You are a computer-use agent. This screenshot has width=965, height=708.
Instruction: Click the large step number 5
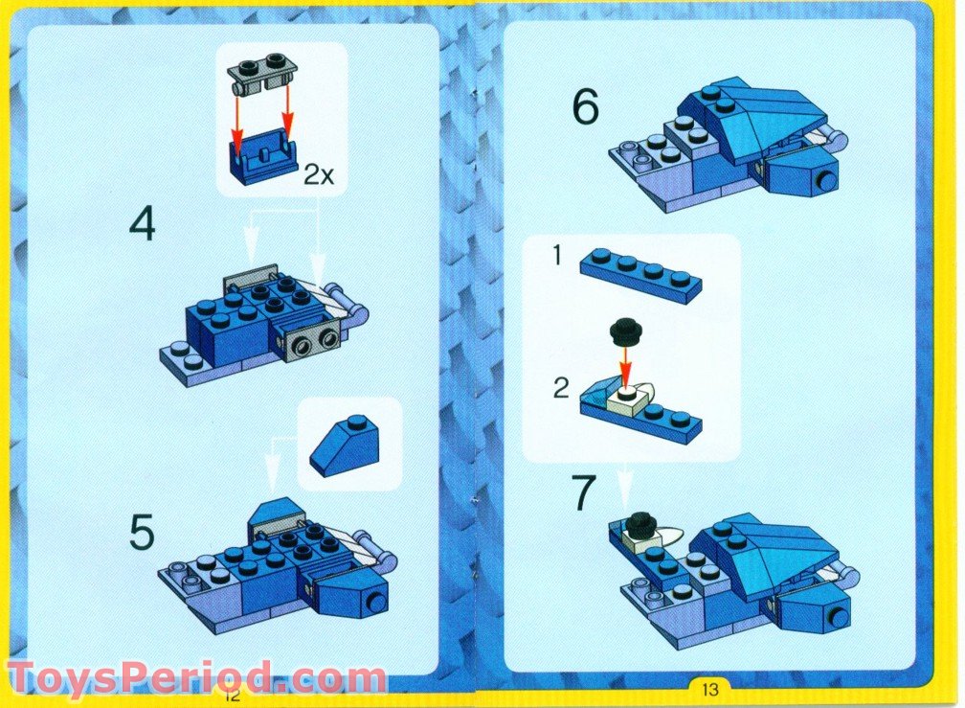pyautogui.click(x=143, y=533)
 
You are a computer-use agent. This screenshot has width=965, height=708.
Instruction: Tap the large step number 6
pyautogui.click(x=585, y=107)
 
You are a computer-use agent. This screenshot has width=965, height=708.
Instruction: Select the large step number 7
pyautogui.click(x=585, y=492)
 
